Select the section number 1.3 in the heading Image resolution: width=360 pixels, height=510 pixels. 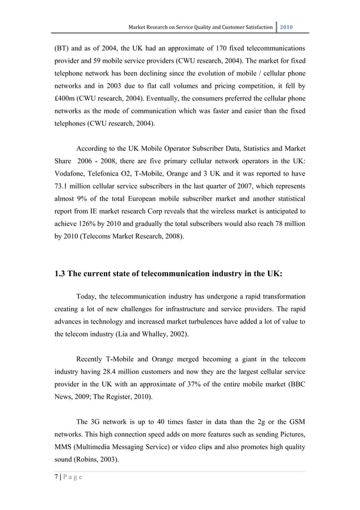[x=61, y=276]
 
